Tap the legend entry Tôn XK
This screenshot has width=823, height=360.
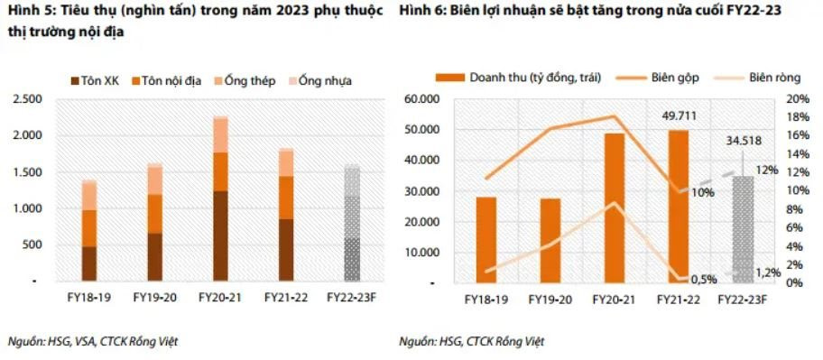tap(93, 81)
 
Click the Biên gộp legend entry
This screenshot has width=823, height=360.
tap(655, 77)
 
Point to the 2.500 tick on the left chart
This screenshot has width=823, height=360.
tap(26, 98)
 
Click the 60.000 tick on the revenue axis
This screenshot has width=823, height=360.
tap(428, 98)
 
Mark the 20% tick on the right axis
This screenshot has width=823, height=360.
tap(799, 98)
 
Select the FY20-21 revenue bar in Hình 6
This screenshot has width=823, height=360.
tap(615, 208)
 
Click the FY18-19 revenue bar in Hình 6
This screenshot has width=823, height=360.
tap(486, 239)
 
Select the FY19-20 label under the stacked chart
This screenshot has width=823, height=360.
tap(153, 297)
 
